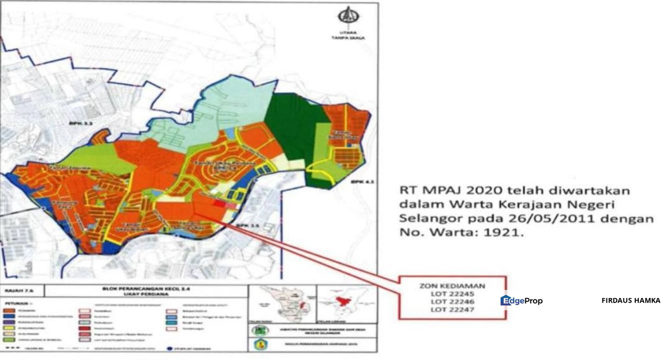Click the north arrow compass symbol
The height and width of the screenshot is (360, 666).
coord(345,17)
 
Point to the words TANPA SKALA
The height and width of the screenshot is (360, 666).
coord(345,37)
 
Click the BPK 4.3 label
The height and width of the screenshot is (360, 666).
coord(356,180)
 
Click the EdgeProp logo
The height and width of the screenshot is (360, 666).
coord(521,300)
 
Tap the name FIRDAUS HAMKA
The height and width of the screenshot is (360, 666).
coord(630,300)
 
